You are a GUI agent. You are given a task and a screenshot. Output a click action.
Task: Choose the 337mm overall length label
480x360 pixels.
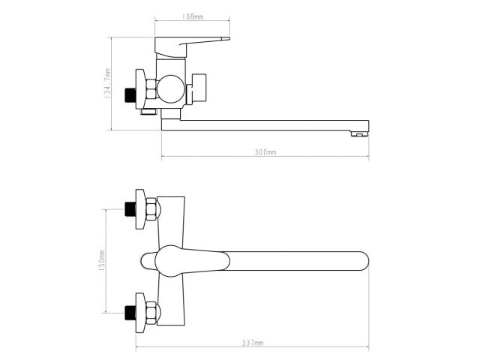pyautogui.click(x=253, y=343)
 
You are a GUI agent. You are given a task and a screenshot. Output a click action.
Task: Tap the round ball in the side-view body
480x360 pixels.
pyautogui.click(x=172, y=89)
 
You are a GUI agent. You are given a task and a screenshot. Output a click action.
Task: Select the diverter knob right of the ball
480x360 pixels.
pyautogui.click(x=200, y=88)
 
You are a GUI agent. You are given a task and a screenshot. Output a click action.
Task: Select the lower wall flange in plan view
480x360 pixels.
pyautogui.click(x=138, y=312)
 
